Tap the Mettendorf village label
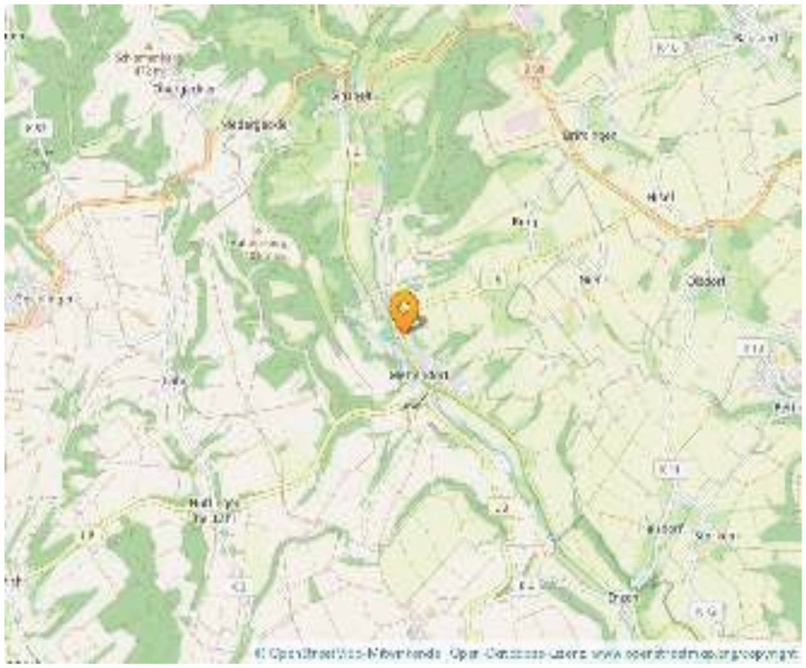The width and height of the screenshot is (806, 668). pyautogui.click(x=418, y=375)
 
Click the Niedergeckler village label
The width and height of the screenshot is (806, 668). pyautogui.click(x=253, y=125)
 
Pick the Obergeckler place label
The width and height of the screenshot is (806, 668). pyautogui.click(x=184, y=90)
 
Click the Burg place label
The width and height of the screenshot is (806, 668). pyautogui.click(x=525, y=222)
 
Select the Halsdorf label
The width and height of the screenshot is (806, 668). pyautogui.click(x=664, y=529)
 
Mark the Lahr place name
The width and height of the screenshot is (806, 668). pyautogui.click(x=173, y=381)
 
